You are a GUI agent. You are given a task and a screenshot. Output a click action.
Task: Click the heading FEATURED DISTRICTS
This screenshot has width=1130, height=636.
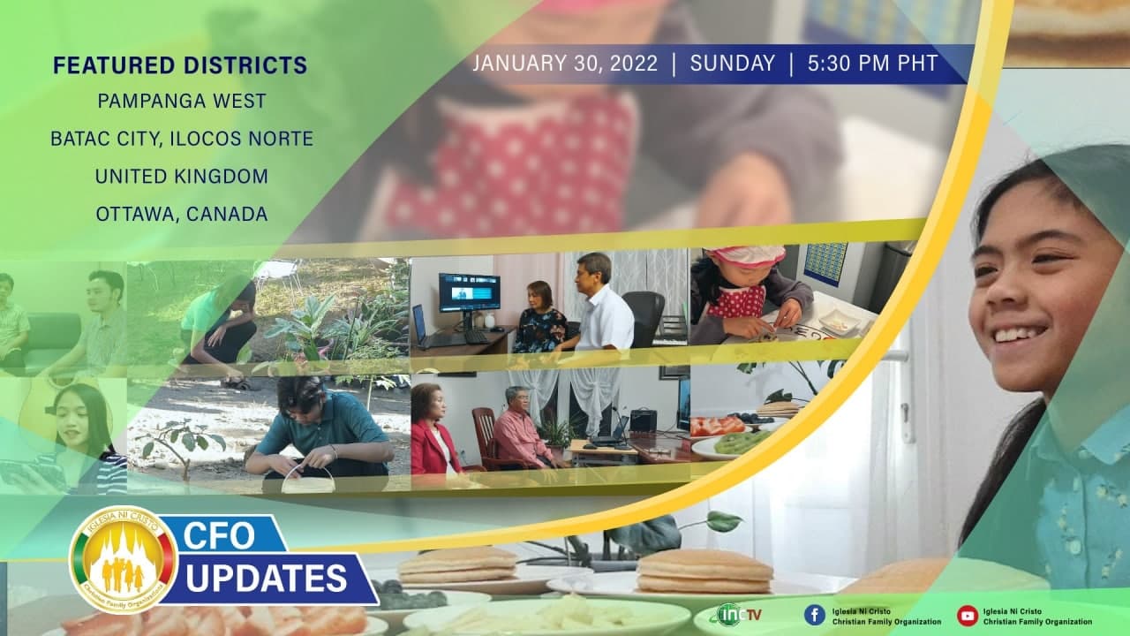click(x=180, y=65)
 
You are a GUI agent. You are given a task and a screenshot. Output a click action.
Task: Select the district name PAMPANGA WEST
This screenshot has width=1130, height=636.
click(x=182, y=101)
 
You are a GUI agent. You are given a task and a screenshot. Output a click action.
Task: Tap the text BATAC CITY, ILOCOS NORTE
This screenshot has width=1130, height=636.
click(x=182, y=139)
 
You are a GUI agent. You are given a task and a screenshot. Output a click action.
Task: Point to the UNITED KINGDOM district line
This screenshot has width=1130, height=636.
click(x=182, y=176)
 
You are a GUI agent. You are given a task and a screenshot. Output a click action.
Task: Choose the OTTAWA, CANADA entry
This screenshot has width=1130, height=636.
click(x=182, y=214)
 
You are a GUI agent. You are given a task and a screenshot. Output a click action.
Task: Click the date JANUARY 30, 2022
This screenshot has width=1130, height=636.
click(x=565, y=64)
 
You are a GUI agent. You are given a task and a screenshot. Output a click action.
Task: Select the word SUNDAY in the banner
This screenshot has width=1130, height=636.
click(x=733, y=63)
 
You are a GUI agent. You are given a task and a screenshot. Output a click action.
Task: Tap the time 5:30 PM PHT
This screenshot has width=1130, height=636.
click(x=873, y=63)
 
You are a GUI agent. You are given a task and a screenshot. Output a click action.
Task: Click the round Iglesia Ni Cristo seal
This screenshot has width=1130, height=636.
click(x=123, y=559)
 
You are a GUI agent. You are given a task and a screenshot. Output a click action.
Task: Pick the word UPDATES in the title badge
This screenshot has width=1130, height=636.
click(x=267, y=578)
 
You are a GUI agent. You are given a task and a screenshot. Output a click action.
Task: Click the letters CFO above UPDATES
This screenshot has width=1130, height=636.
click(x=219, y=535)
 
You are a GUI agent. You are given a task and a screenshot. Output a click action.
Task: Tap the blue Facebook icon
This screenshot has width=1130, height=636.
click(x=815, y=616)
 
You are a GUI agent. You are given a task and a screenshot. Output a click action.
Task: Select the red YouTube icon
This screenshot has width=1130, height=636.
click(x=968, y=616)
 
